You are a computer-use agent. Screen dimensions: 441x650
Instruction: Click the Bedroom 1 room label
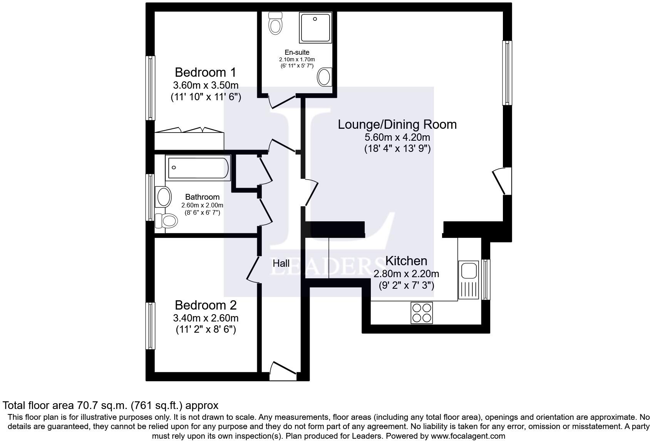[205, 72]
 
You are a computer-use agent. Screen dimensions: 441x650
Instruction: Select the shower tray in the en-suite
[315, 28]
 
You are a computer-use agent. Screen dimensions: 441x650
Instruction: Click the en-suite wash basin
[325, 77]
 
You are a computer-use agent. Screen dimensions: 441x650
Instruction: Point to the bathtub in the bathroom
[198, 168]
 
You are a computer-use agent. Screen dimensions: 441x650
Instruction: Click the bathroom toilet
[166, 221]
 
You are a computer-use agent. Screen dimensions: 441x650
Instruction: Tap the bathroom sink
[163, 197]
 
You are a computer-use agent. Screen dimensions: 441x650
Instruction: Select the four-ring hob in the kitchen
[422, 312]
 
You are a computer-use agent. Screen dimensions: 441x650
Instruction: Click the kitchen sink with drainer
[468, 280]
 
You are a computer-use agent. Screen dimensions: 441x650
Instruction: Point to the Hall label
[281, 264]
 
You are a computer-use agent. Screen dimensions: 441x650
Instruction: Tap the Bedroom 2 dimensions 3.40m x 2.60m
[206, 318]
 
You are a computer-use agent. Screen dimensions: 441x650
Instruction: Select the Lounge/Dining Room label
[397, 125]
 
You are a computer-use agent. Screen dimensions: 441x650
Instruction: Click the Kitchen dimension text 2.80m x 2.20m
[406, 274]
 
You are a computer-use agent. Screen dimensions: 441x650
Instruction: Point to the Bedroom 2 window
[150, 326]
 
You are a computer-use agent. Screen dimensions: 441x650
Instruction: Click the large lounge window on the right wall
[507, 73]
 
